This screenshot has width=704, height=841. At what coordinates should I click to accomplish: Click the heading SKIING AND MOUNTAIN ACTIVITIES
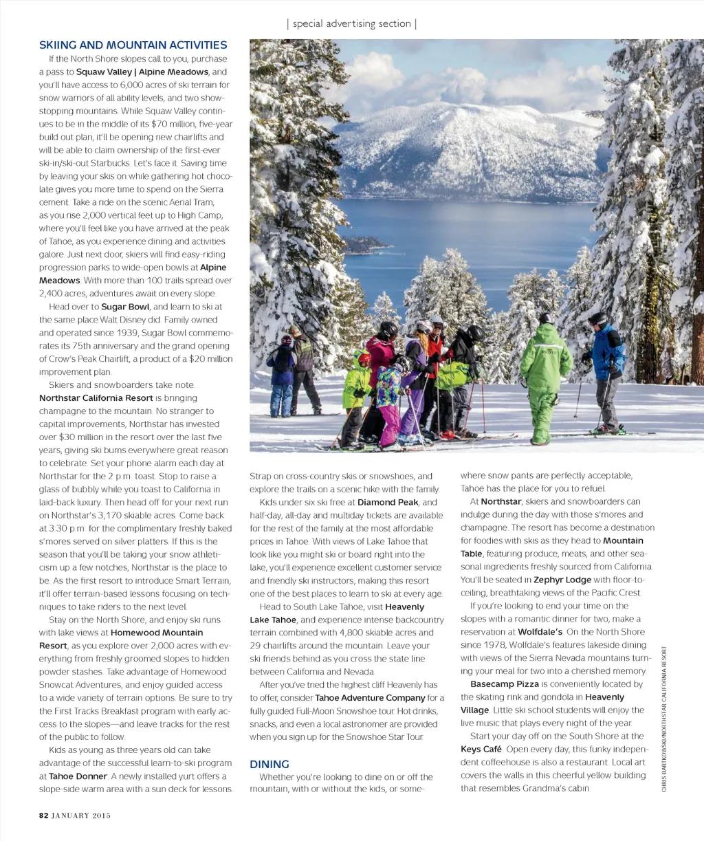click(x=133, y=45)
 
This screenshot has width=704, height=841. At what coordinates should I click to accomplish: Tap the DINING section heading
click(x=269, y=764)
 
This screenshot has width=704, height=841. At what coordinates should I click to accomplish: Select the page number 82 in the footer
click(x=43, y=816)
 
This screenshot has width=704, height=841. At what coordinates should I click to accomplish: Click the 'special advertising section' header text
click(x=351, y=23)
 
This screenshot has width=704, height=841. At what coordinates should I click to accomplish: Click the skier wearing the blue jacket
click(x=606, y=371)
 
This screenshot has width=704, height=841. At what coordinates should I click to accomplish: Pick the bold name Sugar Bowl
click(x=125, y=307)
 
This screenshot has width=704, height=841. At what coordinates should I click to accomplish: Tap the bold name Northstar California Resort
click(x=96, y=398)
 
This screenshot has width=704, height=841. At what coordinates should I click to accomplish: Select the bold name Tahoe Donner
click(x=78, y=776)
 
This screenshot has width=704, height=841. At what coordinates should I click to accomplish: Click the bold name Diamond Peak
click(x=387, y=503)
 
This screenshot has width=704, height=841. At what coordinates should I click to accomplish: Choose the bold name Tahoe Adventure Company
click(x=370, y=698)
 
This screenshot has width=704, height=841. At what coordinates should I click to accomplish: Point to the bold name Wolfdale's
click(x=540, y=632)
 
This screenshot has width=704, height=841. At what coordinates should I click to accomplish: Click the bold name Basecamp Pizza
click(x=505, y=684)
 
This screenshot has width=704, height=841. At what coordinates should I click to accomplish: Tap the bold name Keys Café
click(x=481, y=750)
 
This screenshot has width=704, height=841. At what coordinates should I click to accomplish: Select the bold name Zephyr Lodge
click(x=562, y=580)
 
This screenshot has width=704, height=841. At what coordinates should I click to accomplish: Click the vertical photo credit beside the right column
click(x=664, y=719)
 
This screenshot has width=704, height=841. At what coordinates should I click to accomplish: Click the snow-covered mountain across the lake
click(x=467, y=148)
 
